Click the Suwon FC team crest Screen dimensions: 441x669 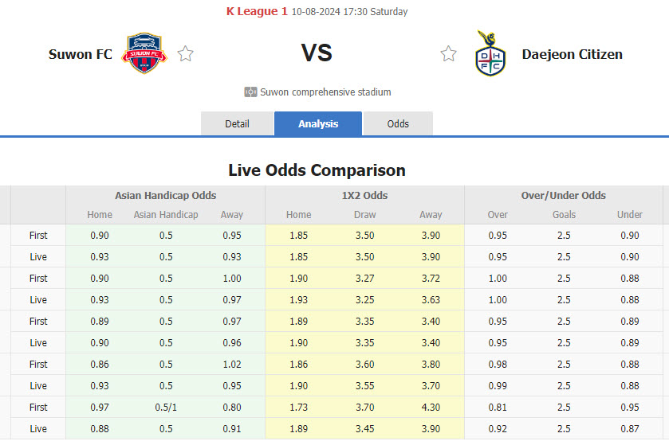(x=144, y=53)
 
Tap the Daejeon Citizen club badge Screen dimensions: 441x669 (x=490, y=54)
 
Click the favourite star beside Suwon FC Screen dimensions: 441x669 (x=186, y=54)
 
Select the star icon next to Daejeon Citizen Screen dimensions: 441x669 (x=448, y=54)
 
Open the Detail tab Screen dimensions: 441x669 (x=237, y=123)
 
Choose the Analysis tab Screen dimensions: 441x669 (x=318, y=123)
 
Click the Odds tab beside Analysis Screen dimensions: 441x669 (x=398, y=123)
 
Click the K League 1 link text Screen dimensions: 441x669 (x=257, y=11)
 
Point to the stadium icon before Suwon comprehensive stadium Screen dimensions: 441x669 (x=250, y=92)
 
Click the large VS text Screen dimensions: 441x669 (x=317, y=53)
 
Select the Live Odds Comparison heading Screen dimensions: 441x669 (x=317, y=170)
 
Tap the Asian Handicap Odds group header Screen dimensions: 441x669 (x=165, y=195)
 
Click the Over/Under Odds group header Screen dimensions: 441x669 (x=564, y=195)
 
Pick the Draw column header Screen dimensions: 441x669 (x=364, y=215)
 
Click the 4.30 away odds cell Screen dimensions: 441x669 (x=431, y=407)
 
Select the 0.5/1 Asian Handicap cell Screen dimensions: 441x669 (x=166, y=407)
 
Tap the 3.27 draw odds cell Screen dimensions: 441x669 (x=364, y=278)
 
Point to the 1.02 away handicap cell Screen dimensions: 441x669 (x=232, y=364)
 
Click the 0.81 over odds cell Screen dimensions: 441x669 (x=497, y=407)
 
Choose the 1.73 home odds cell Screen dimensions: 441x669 (x=298, y=407)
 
